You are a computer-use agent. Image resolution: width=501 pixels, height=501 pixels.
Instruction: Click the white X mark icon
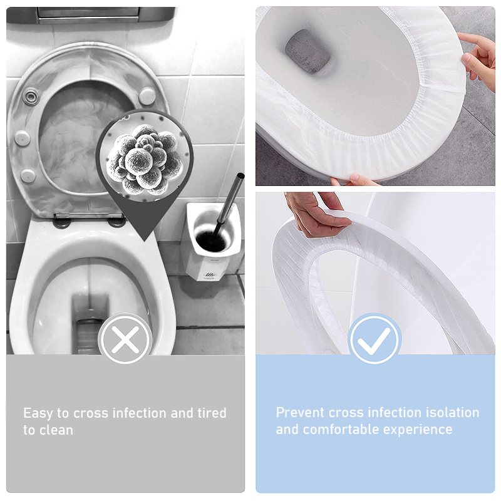125,339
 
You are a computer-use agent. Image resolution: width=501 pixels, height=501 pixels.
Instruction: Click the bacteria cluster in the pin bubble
145,160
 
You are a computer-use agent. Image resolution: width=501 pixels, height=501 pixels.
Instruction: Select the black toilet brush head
210,241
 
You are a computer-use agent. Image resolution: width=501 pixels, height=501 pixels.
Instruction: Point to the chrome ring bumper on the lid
31,97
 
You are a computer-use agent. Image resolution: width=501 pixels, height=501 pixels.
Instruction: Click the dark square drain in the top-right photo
307,52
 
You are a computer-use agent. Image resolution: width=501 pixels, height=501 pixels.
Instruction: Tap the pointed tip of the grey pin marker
145,241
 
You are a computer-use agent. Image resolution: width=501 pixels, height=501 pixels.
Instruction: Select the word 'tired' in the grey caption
212,413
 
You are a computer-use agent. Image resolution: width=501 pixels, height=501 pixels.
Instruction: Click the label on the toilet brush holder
210,275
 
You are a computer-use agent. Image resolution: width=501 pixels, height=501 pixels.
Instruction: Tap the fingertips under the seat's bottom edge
355,180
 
